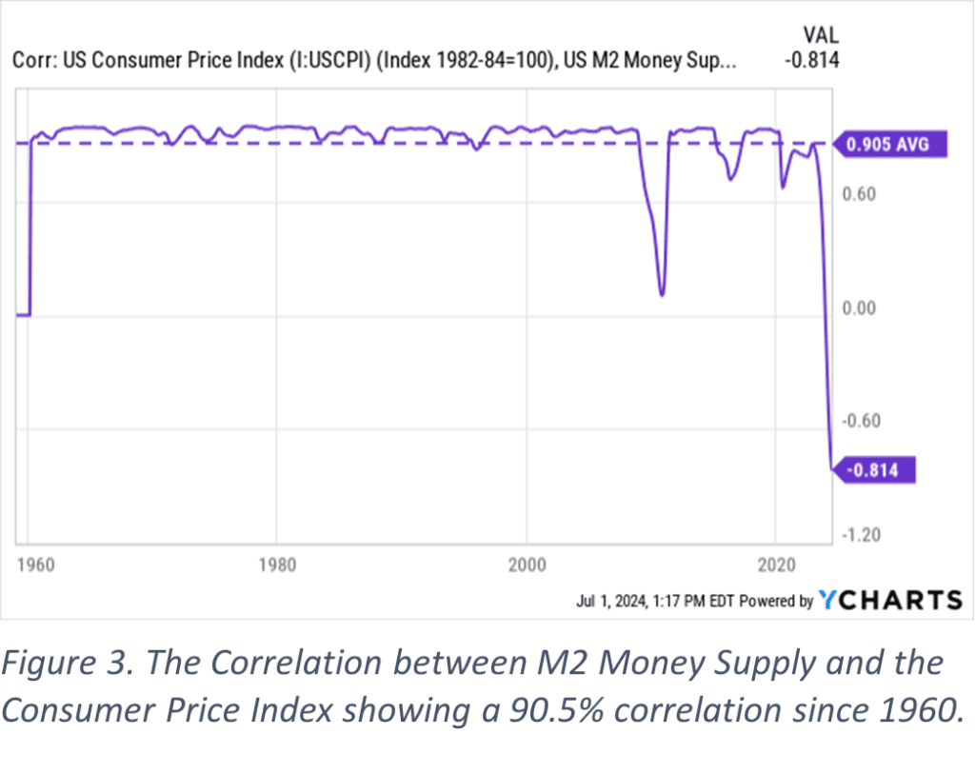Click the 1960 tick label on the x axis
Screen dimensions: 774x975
point(36,565)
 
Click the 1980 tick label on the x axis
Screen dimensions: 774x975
point(277,565)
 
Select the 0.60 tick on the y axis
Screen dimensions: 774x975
point(860,194)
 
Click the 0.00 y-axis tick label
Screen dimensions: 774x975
point(860,308)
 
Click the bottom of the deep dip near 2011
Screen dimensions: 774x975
point(662,293)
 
